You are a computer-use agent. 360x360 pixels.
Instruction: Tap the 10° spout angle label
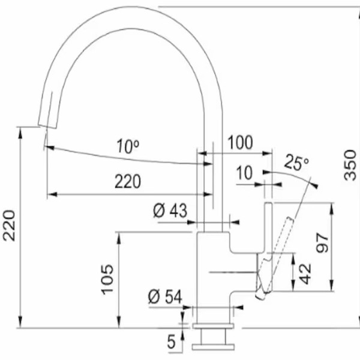pos(128,145)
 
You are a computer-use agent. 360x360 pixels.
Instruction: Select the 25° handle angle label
pos(296,162)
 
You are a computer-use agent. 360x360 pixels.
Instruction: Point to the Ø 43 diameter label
pos(170,211)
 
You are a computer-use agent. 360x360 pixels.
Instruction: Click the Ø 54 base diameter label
pos(164,296)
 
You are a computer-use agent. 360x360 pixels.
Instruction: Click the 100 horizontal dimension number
pos(240,143)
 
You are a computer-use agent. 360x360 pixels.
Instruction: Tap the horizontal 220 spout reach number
pos(128,181)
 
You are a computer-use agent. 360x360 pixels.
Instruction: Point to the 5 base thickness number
pos(170,343)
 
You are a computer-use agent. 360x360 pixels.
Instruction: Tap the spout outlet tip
pos(46,125)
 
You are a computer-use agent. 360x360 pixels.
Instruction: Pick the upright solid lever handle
pos(268,231)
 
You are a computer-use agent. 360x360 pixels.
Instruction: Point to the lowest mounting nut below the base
pos(214,347)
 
